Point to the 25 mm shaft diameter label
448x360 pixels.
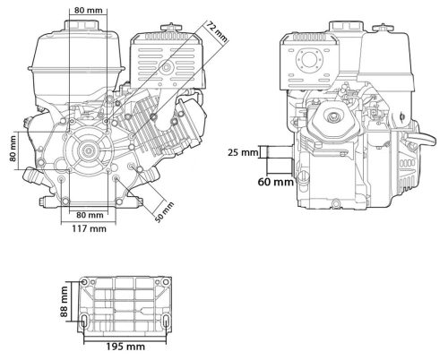[x=244, y=151]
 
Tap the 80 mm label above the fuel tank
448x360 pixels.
[x=88, y=10]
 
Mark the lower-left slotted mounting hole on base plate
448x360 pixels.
[x=90, y=320]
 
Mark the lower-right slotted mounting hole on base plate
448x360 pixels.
[x=165, y=320]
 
